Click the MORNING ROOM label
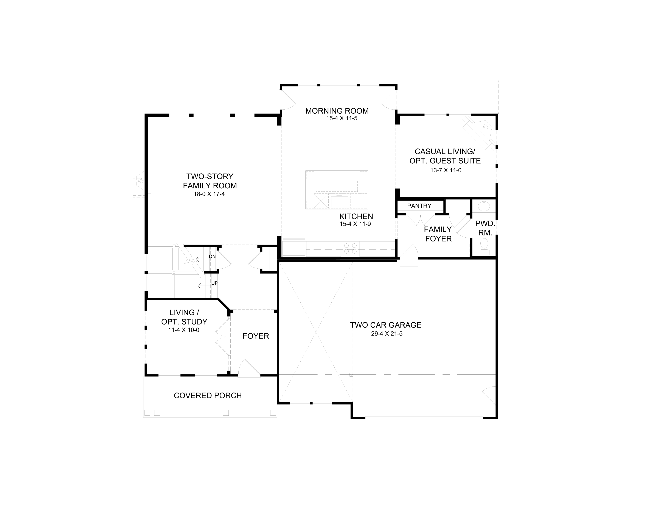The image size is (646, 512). point(337,111)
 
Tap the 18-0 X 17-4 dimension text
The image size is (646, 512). point(209,194)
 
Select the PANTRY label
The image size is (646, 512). point(419,206)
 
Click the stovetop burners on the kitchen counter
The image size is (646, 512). point(350,249)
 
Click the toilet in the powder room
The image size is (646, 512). point(484,246)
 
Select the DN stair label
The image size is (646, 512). point(212,257)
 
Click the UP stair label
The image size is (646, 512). point(214,283)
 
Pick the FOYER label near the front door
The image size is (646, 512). point(256,336)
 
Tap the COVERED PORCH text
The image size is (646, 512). point(208,396)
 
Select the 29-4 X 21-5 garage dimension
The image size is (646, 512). point(387,334)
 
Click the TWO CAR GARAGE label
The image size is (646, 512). point(386,325)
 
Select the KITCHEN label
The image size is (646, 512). point(356,217)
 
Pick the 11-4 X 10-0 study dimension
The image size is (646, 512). point(184,330)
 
